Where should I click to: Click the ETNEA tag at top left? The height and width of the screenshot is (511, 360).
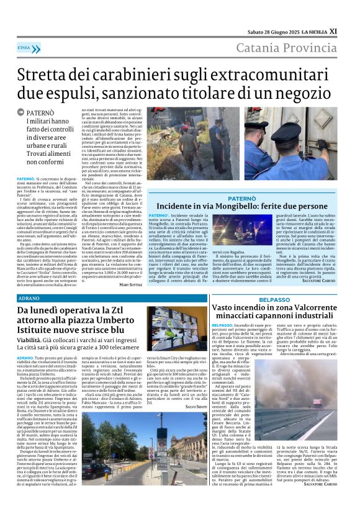(25, 47)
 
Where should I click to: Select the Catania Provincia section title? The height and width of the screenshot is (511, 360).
(290, 48)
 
